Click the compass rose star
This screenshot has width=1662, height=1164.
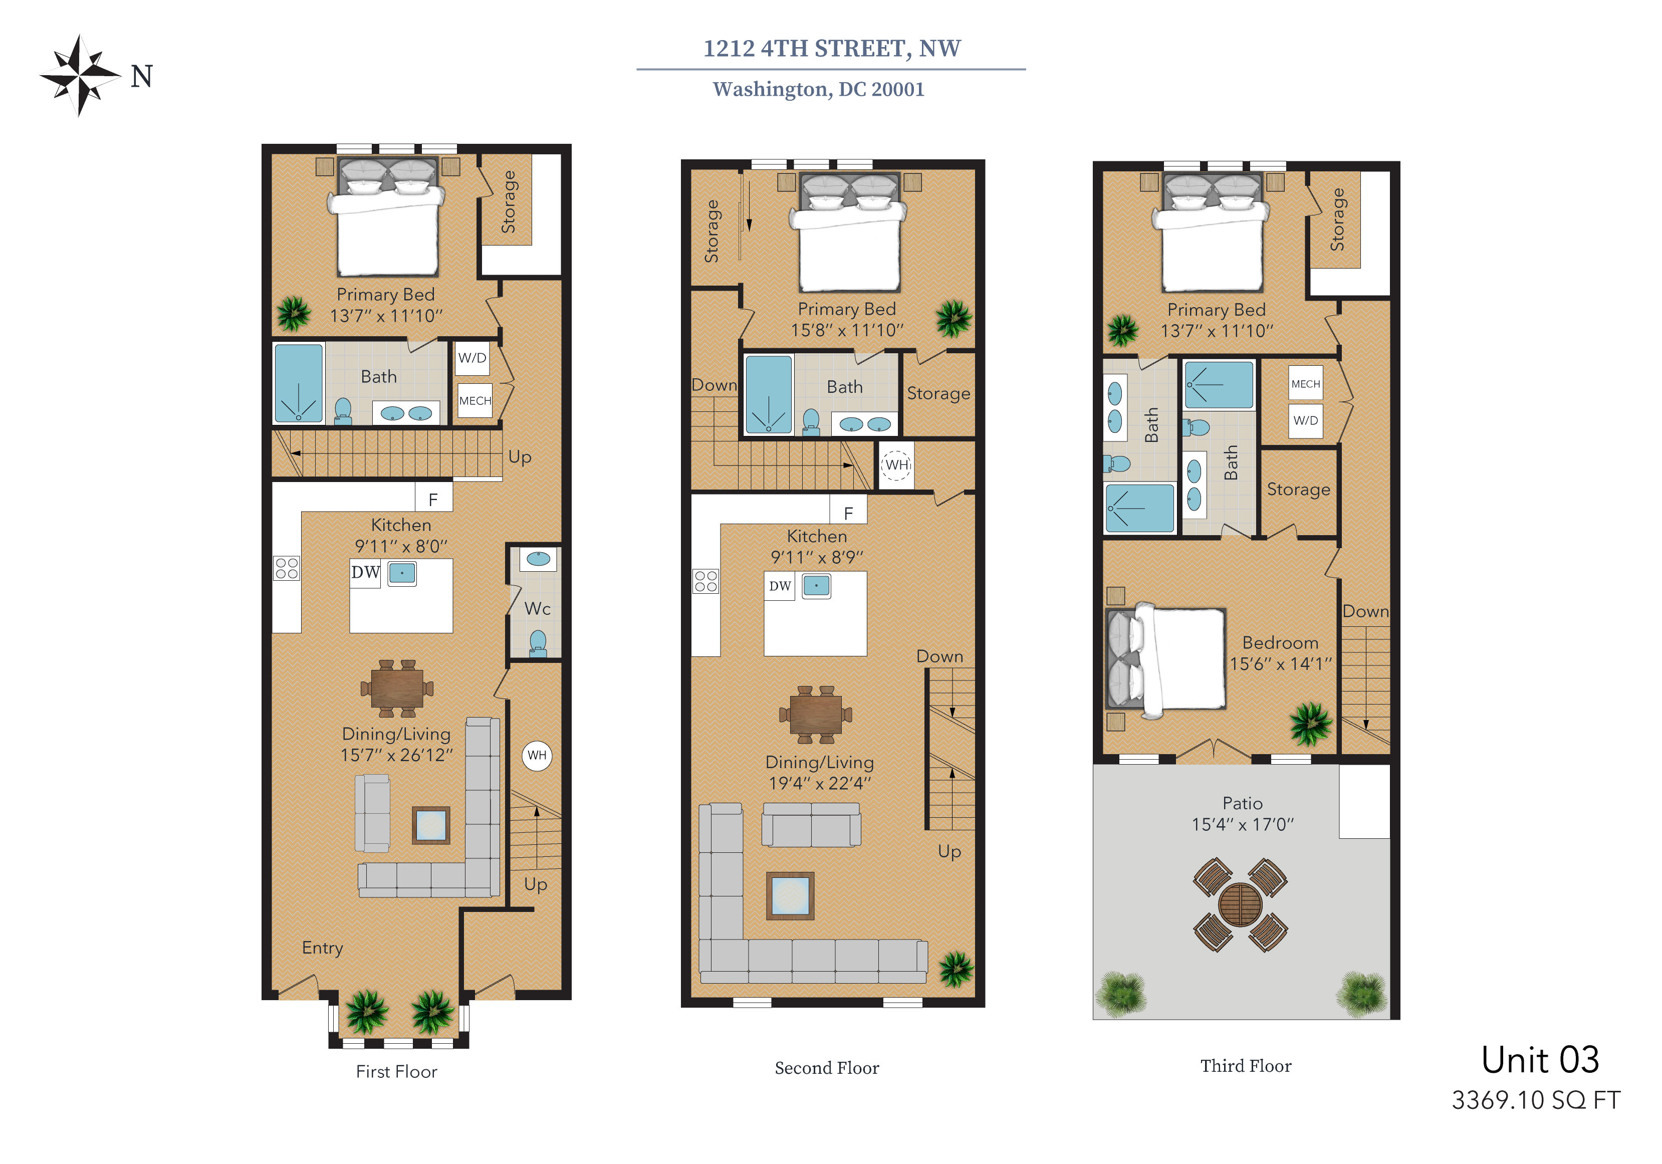pos(80,75)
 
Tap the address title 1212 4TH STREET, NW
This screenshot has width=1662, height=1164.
pos(832,49)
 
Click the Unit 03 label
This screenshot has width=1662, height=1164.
pos(1540,1060)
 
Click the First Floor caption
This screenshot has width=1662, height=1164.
pos(397,1071)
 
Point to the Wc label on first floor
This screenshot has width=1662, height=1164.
pos(537,609)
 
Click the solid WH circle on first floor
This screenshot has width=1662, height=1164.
pos(537,756)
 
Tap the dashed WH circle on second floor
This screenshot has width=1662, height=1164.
pos(897,464)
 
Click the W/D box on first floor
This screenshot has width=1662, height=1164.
pos(472,358)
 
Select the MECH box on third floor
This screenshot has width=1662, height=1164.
pos(1306,384)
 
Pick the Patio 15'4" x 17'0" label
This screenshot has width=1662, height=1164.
pos(1242,814)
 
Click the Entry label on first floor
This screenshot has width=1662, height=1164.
pos(322,948)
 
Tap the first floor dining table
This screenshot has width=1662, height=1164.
pos(397,687)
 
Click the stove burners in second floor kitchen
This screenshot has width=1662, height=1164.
pos(706,581)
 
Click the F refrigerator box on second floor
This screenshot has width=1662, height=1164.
pos(848,513)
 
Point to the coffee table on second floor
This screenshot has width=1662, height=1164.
pos(791,895)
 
